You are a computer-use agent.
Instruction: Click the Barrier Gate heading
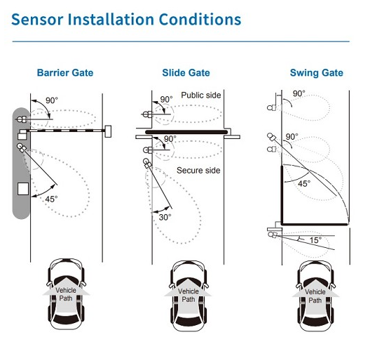(x=65, y=72)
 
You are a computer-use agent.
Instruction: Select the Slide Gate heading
(x=186, y=72)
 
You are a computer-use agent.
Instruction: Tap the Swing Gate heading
(x=317, y=73)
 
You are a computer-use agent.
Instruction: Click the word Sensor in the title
(x=37, y=19)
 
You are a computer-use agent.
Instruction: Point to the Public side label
(x=201, y=95)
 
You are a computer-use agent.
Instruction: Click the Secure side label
(x=198, y=171)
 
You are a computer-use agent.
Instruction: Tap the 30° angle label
(x=165, y=217)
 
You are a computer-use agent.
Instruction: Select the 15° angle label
(x=315, y=240)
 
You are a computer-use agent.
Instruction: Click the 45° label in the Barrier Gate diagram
(x=51, y=199)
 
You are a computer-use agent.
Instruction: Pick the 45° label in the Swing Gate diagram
(x=304, y=183)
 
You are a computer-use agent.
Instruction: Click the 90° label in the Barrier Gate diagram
(x=52, y=100)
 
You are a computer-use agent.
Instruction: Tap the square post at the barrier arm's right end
(x=108, y=131)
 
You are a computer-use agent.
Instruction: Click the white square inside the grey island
(x=23, y=189)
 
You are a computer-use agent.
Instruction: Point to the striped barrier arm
(x=66, y=131)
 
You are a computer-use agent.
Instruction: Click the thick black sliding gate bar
(x=186, y=132)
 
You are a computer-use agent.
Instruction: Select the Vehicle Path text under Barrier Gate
(x=66, y=294)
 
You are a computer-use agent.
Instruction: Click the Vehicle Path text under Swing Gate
(x=315, y=296)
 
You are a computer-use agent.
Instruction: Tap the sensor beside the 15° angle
(x=273, y=235)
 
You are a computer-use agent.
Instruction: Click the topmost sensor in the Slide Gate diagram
(x=147, y=114)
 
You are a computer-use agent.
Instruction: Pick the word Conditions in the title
(x=200, y=19)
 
